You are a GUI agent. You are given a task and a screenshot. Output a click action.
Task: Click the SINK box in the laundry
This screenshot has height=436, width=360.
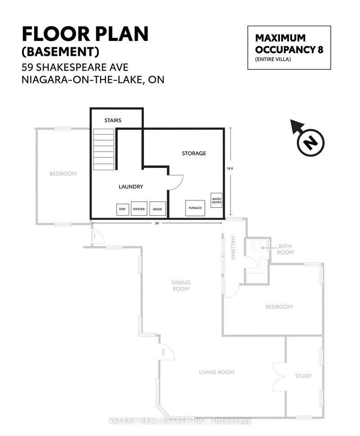click(x=122, y=209)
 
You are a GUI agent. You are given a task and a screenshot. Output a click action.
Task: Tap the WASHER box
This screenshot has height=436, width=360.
click(x=139, y=209)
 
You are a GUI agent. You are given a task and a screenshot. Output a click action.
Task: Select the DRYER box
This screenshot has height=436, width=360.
click(x=157, y=209)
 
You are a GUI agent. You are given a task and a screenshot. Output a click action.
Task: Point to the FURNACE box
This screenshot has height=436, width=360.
click(x=195, y=208)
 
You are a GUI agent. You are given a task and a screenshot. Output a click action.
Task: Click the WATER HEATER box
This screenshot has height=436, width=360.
click(x=216, y=200)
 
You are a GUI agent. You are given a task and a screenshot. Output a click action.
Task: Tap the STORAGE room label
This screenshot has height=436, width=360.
click(x=193, y=153)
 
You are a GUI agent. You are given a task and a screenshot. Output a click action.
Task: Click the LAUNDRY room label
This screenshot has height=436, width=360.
click(x=131, y=186)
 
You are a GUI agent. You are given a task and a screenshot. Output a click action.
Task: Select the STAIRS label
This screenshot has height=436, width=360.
click(x=112, y=120)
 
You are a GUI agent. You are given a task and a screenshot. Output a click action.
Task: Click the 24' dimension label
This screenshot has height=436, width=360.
click(x=157, y=223)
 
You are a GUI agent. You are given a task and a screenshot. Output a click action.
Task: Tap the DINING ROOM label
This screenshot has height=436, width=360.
click(x=180, y=286)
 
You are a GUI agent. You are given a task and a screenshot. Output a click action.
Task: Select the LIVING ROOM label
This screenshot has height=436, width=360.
click(x=217, y=372)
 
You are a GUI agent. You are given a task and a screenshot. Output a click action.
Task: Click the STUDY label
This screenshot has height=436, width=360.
click(x=303, y=376)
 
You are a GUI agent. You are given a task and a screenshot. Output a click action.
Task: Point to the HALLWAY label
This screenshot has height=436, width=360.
click(x=233, y=248)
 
